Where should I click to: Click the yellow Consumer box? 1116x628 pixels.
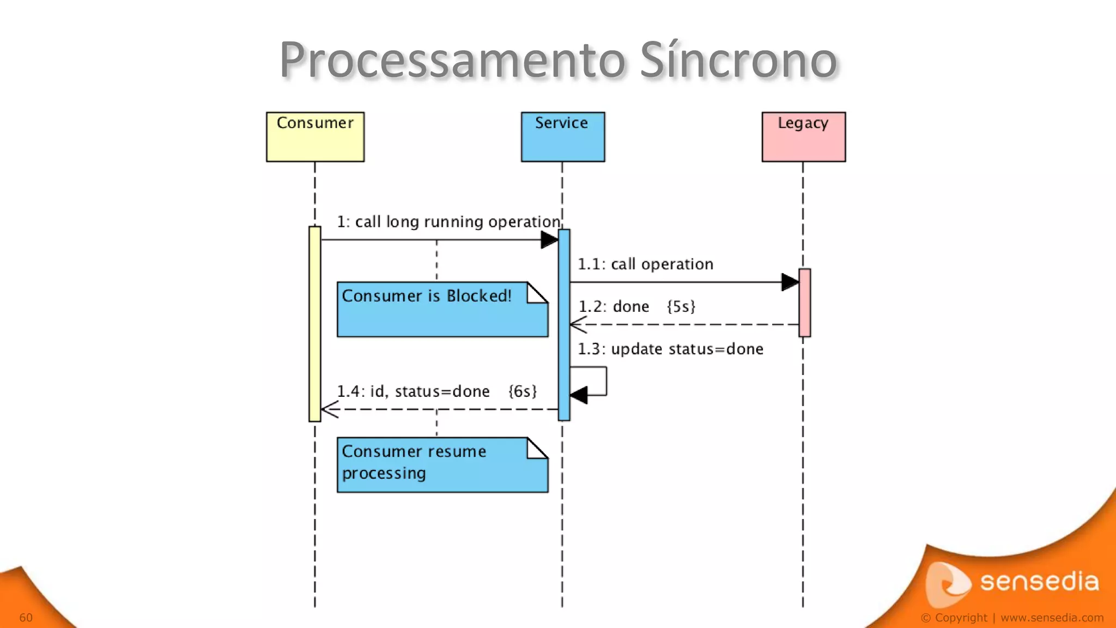(x=315, y=137)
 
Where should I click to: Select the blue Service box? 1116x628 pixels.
(x=562, y=137)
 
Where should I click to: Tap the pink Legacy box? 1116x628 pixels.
(x=803, y=137)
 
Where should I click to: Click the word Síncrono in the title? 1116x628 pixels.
(x=738, y=60)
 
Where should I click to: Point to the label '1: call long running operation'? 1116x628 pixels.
(x=448, y=222)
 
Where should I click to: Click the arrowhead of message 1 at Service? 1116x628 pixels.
(x=549, y=240)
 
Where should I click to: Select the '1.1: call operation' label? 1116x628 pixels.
(x=645, y=264)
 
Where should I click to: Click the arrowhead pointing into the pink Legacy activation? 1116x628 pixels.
(x=790, y=282)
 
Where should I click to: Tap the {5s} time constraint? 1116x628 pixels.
(x=681, y=306)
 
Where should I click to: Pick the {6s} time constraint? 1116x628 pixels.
(x=523, y=391)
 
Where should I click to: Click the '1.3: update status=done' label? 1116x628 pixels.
(x=670, y=349)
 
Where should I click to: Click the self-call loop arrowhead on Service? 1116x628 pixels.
(x=579, y=395)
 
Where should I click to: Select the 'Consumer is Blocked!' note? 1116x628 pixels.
(x=442, y=310)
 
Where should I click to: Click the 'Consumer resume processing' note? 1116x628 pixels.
(x=442, y=465)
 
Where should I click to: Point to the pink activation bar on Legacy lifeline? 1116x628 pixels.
(x=804, y=303)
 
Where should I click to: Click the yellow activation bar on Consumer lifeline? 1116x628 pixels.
(x=314, y=324)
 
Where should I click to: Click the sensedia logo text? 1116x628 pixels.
(x=1039, y=582)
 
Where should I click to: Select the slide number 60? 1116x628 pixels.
(x=26, y=618)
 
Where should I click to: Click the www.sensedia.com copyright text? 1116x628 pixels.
(x=1052, y=618)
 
